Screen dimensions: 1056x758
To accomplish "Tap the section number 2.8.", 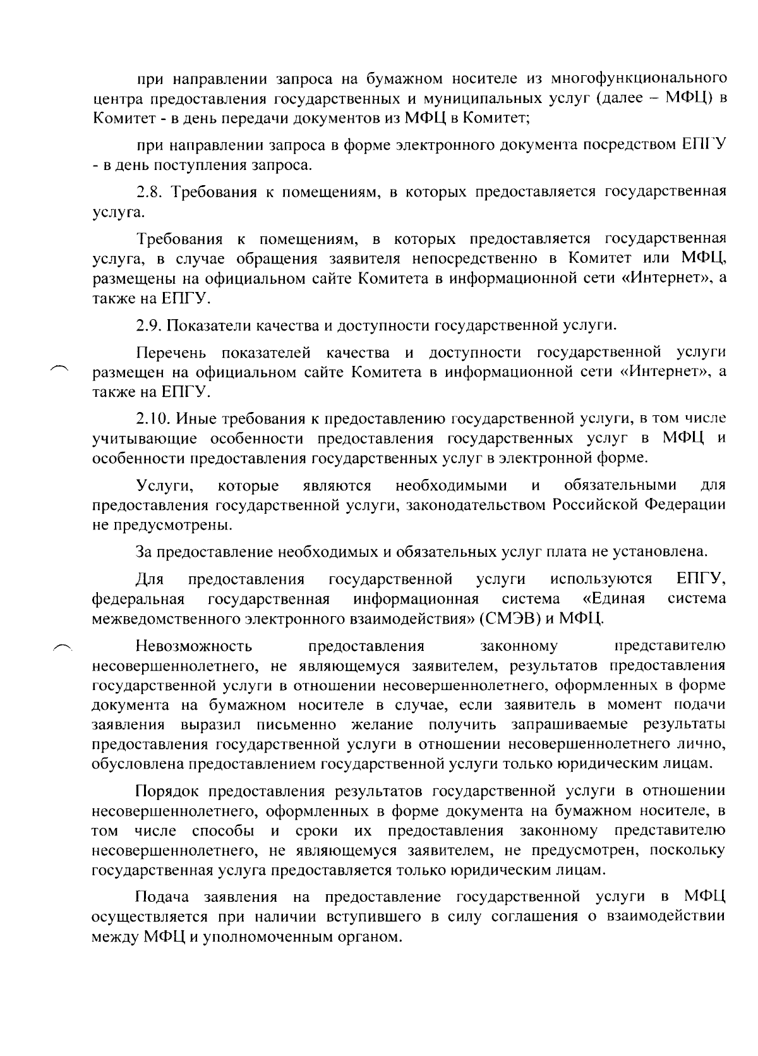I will click(150, 191).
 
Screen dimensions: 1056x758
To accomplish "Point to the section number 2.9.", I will click(150, 325).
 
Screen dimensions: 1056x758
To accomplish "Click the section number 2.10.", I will click(153, 418).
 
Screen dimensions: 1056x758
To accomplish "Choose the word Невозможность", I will click(193, 646).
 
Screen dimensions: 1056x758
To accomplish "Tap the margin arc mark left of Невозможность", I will click(63, 645).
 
